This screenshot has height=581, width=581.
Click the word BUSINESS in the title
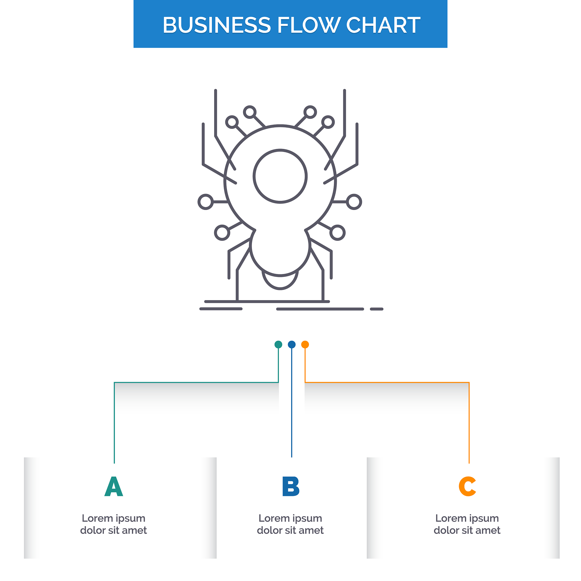tap(216, 25)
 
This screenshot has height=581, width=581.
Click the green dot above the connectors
tap(279, 345)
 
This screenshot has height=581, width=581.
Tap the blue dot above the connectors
tap(292, 345)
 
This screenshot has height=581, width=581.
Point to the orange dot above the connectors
tap(305, 345)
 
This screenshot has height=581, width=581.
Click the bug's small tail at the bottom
tap(280, 289)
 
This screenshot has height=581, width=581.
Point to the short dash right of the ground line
tap(376, 309)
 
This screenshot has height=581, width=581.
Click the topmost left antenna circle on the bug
tap(250, 106)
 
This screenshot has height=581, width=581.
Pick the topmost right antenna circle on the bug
tap(310, 106)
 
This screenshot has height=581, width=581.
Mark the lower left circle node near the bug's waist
tap(222, 225)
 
